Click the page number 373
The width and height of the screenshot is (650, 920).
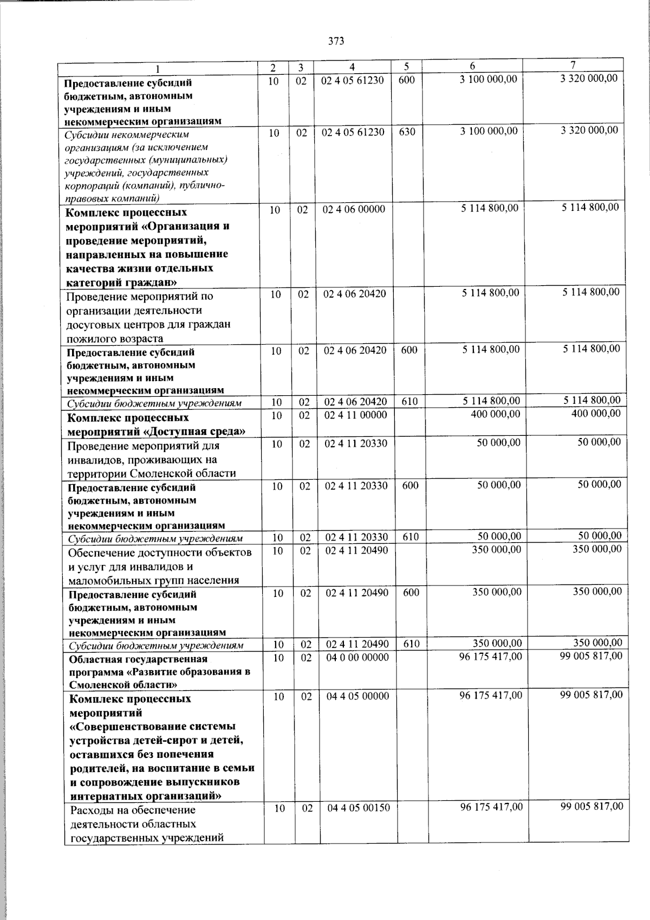coord(336,42)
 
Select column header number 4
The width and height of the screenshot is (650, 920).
coord(352,67)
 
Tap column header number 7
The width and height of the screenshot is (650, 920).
coord(580,66)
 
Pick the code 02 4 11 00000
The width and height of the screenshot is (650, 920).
coord(356,415)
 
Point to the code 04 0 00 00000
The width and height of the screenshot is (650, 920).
coord(357,657)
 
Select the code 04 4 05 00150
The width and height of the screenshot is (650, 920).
coord(359,808)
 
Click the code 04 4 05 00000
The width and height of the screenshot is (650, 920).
coord(358,696)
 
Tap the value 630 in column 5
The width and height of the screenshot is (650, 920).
coord(407,131)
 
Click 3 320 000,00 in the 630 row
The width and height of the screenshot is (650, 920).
coord(589,130)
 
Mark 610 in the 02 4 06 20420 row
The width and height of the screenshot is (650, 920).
coord(409,402)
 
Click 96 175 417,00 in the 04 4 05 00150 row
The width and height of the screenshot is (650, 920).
coord(492,807)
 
